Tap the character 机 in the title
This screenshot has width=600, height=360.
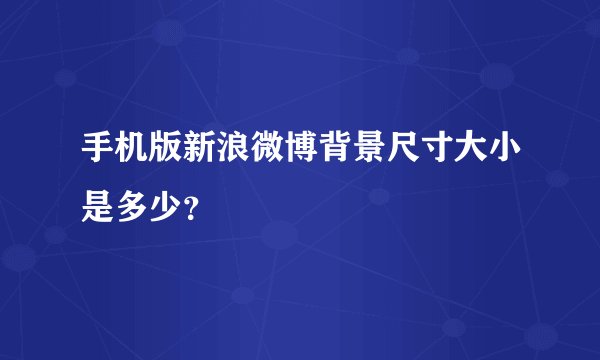133,155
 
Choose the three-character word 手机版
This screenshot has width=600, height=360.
133,155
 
